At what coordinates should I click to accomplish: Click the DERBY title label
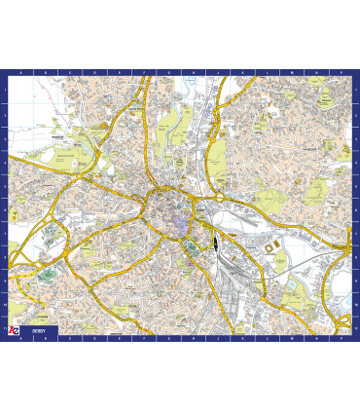pos(38,331)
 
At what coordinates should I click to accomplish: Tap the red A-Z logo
pos(14,331)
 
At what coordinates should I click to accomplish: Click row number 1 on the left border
pos(4,90)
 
